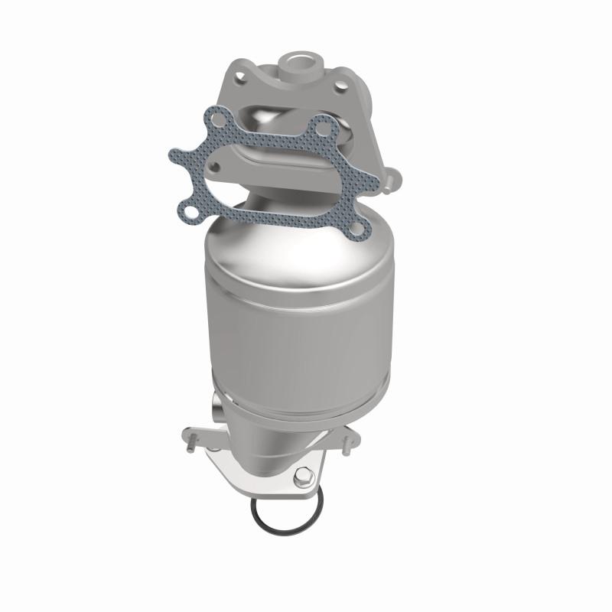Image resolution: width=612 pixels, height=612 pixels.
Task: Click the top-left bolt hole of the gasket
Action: tap(219, 118)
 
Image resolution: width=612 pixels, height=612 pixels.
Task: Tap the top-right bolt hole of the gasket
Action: tap(324, 125)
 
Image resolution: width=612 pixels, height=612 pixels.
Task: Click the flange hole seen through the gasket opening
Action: tap(216, 163)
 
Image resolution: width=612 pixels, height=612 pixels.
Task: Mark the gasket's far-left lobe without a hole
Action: tap(177, 153)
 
